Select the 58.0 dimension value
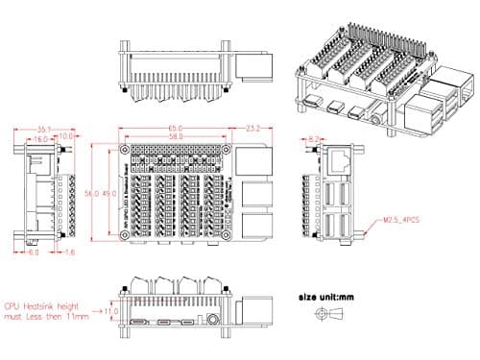coord(176,138)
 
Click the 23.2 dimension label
coord(254,128)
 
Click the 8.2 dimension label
coord(315,138)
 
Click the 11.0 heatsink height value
coord(111,311)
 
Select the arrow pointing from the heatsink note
coord(96,311)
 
